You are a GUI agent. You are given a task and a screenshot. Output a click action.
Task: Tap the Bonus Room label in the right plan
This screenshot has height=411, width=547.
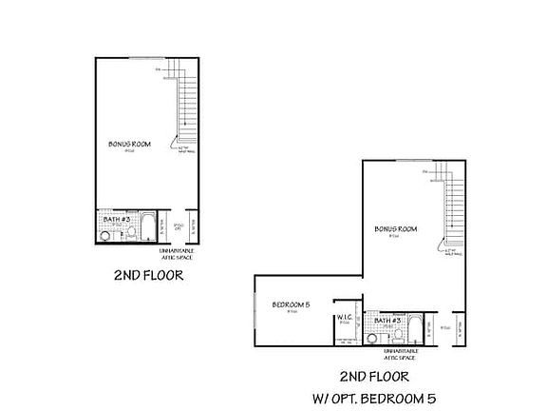pyautogui.click(x=396, y=229)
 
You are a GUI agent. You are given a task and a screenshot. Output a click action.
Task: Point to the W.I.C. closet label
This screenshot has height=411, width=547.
pyautogui.click(x=345, y=319)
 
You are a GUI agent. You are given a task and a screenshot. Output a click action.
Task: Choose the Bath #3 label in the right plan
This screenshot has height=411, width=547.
pyautogui.click(x=386, y=321)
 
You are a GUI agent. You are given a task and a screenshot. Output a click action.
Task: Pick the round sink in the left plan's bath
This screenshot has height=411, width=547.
pyautogui.click(x=105, y=231)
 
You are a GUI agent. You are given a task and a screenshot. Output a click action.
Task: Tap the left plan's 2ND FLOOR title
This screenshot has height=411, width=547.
pyautogui.click(x=148, y=276)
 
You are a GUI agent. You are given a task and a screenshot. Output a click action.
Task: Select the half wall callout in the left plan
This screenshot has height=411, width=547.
pyautogui.click(x=185, y=149)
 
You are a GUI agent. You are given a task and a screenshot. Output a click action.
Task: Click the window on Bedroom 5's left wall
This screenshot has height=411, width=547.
pyautogui.click(x=256, y=309)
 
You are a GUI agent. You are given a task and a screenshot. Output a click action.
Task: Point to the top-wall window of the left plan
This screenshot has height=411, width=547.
pyautogui.click(x=142, y=58)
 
